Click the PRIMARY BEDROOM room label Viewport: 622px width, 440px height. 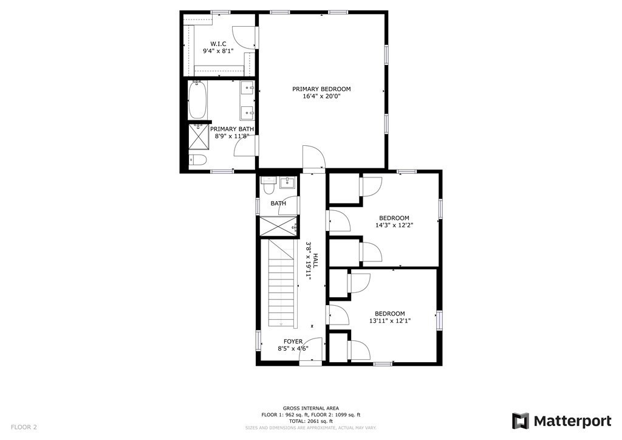[x=321, y=89]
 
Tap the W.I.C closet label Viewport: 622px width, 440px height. [x=218, y=44]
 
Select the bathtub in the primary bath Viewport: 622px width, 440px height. [x=197, y=100]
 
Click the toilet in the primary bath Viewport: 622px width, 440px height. [x=198, y=160]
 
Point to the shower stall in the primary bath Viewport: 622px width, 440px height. [x=197, y=136]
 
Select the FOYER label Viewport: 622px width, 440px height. [x=293, y=342]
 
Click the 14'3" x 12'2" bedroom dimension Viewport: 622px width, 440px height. [x=394, y=225]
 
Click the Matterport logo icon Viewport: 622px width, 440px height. [x=521, y=421]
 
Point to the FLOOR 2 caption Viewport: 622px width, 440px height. [x=24, y=427]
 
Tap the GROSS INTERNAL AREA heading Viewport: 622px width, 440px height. [x=311, y=408]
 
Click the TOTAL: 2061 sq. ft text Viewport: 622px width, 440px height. [x=311, y=421]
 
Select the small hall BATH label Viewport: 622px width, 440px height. [x=278, y=204]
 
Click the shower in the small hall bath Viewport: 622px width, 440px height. [x=278, y=226]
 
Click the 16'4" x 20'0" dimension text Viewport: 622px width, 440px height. [x=321, y=96]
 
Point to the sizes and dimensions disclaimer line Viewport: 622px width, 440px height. [x=311, y=428]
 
